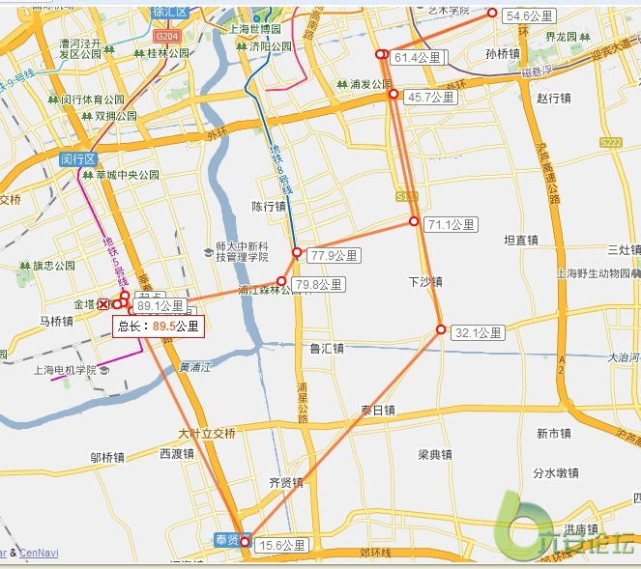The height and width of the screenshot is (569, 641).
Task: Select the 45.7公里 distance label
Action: click(430, 98)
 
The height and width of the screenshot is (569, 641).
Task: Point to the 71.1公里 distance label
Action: click(452, 225)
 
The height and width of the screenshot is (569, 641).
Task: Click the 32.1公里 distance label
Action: click(479, 333)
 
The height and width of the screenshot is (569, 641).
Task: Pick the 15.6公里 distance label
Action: click(281, 546)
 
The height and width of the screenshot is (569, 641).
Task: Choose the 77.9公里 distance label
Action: click(335, 256)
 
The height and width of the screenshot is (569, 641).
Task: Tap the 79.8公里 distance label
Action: click(319, 285)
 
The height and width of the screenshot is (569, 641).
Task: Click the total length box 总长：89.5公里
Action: click(159, 327)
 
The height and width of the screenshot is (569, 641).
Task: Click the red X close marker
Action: click(104, 304)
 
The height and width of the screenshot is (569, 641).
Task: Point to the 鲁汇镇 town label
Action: click(327, 348)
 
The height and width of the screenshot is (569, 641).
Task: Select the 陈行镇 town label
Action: click(269, 206)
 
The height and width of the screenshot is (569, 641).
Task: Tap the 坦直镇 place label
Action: click(521, 240)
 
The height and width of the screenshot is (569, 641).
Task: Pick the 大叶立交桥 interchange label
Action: click(207, 433)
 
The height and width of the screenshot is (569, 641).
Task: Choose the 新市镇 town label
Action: click(556, 433)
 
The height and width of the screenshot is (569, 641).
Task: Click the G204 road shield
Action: click(166, 35)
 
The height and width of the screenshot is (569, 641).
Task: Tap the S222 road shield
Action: click(611, 142)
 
